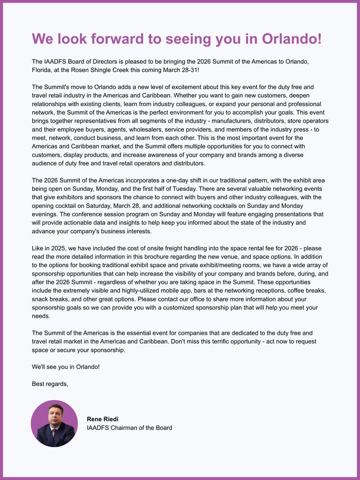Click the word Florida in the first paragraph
pyautogui.click(x=43, y=70)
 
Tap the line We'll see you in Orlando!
pyautogui.click(x=66, y=367)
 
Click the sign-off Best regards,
pyautogui.click(x=50, y=384)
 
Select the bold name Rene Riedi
pyautogui.click(x=103, y=419)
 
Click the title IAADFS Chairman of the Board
pyautogui.click(x=129, y=428)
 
